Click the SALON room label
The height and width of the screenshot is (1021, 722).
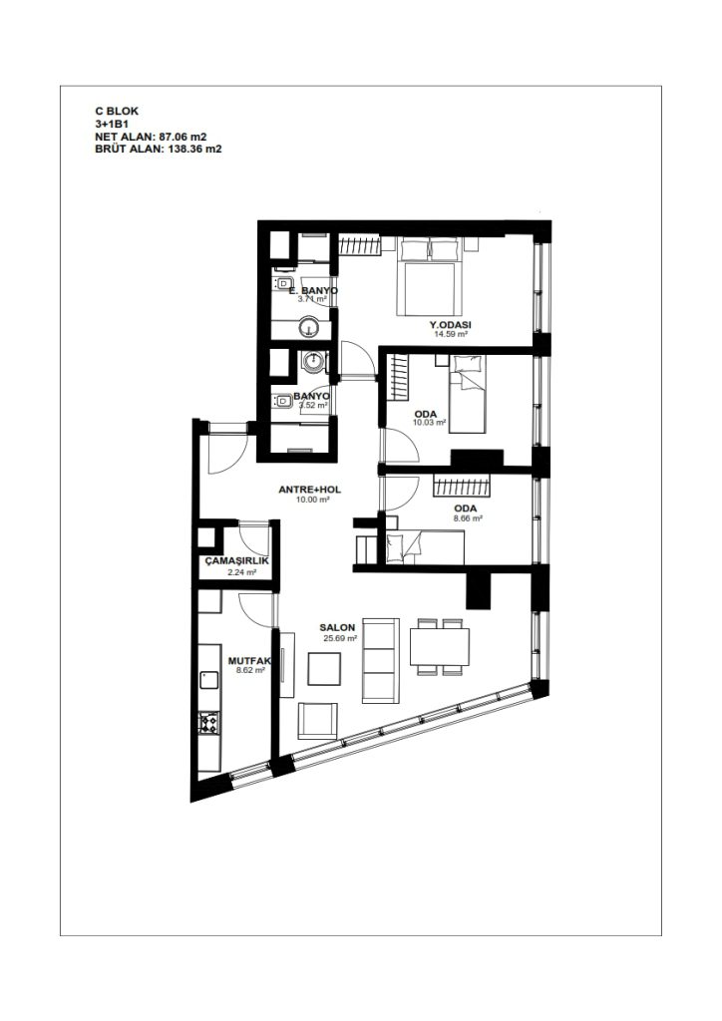click(x=337, y=628)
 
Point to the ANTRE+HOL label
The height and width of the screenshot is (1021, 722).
click(x=310, y=490)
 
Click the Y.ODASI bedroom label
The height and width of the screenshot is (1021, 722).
click(x=451, y=324)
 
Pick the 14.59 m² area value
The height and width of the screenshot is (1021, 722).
click(x=451, y=334)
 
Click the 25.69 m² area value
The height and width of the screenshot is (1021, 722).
click(x=340, y=639)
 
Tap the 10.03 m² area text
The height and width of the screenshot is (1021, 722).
click(x=429, y=423)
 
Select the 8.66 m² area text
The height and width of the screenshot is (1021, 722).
click(x=468, y=518)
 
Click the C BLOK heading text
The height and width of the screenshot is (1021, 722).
click(x=117, y=112)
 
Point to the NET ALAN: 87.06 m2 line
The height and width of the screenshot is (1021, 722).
click(x=151, y=137)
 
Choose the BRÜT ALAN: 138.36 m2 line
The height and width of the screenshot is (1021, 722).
click(x=159, y=149)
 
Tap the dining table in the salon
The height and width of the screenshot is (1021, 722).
click(x=440, y=646)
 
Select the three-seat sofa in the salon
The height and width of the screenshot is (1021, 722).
click(x=380, y=660)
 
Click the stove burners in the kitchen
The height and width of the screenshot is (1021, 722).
click(x=209, y=723)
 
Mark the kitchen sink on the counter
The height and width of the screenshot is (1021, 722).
click(x=209, y=680)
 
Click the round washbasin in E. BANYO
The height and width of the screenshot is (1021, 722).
click(x=309, y=328)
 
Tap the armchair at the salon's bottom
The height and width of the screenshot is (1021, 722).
click(x=318, y=721)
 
